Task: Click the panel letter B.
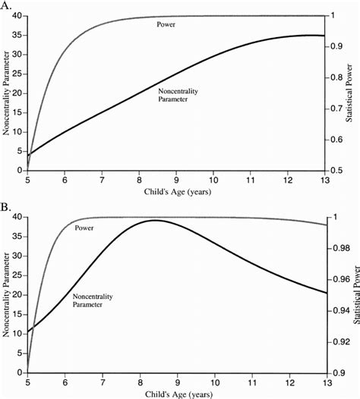click(x=7, y=206)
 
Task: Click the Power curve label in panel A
click(x=165, y=24)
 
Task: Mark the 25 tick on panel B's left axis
click(x=17, y=275)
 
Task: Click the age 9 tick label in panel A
click(x=176, y=180)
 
